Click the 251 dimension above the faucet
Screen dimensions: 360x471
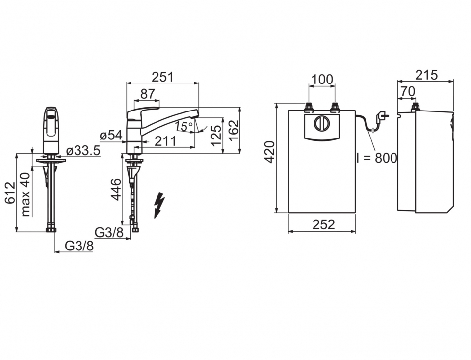(x=162, y=77)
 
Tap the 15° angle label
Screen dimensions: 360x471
(x=184, y=126)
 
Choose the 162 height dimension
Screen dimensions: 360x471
(x=233, y=130)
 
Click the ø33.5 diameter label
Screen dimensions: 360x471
(x=83, y=151)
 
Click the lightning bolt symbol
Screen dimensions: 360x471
(x=159, y=204)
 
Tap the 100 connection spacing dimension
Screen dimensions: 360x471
(x=322, y=79)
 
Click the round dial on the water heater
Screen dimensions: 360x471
(x=322, y=124)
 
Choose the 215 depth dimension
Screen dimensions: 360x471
(x=426, y=75)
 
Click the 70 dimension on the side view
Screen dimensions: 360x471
(x=407, y=91)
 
